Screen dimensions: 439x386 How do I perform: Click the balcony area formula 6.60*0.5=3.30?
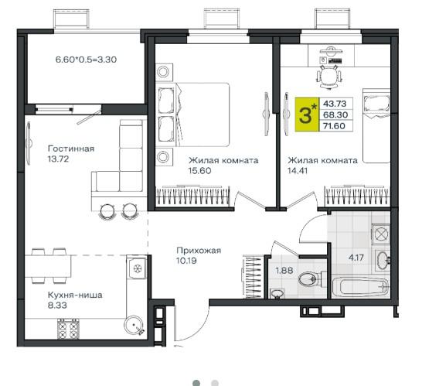coord(86,60)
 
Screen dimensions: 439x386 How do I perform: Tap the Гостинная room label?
coord(71,149)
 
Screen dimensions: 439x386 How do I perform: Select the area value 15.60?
coord(199,171)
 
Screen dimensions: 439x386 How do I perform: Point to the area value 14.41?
coord(298,171)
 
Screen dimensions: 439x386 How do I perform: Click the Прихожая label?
coord(199,250)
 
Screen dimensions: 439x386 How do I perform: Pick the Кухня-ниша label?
coord(75,295)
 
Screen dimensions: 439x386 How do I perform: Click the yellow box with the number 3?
coord(307,114)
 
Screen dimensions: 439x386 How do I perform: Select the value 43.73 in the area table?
coord(335,104)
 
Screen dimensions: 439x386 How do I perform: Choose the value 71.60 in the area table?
coord(335,126)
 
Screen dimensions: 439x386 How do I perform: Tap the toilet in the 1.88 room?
coord(311,279)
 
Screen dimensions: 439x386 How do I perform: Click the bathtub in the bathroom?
coord(361,287)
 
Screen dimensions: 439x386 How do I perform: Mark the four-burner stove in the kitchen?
coord(68,329)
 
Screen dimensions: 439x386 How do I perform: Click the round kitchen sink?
coord(134,325)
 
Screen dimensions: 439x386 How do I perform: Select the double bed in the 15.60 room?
coord(202,114)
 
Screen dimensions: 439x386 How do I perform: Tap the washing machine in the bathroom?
coord(381,233)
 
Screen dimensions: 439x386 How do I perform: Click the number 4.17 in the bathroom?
coord(356,258)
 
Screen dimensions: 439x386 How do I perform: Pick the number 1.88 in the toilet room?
coord(284,271)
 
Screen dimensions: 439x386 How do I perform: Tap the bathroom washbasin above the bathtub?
coord(383,260)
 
